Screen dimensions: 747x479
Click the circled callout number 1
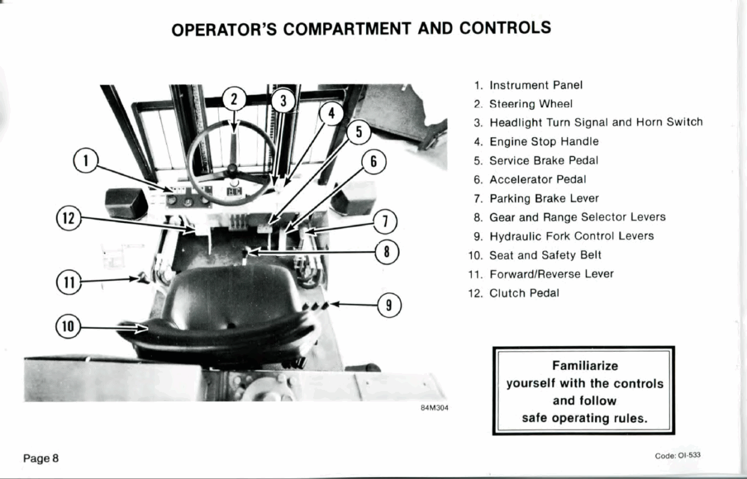(x=86, y=161)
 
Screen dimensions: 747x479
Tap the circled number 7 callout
(x=385, y=221)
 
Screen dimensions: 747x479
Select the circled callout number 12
(x=68, y=218)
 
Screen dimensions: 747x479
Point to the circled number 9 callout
(x=389, y=305)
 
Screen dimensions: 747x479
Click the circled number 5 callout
(x=359, y=132)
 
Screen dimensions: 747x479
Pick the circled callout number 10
(x=68, y=326)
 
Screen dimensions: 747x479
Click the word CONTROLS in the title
(x=505, y=27)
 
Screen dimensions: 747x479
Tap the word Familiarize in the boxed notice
(x=585, y=366)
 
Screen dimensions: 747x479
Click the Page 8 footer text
(x=40, y=458)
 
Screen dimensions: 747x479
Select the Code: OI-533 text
(x=678, y=455)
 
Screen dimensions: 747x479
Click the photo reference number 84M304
(x=435, y=408)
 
